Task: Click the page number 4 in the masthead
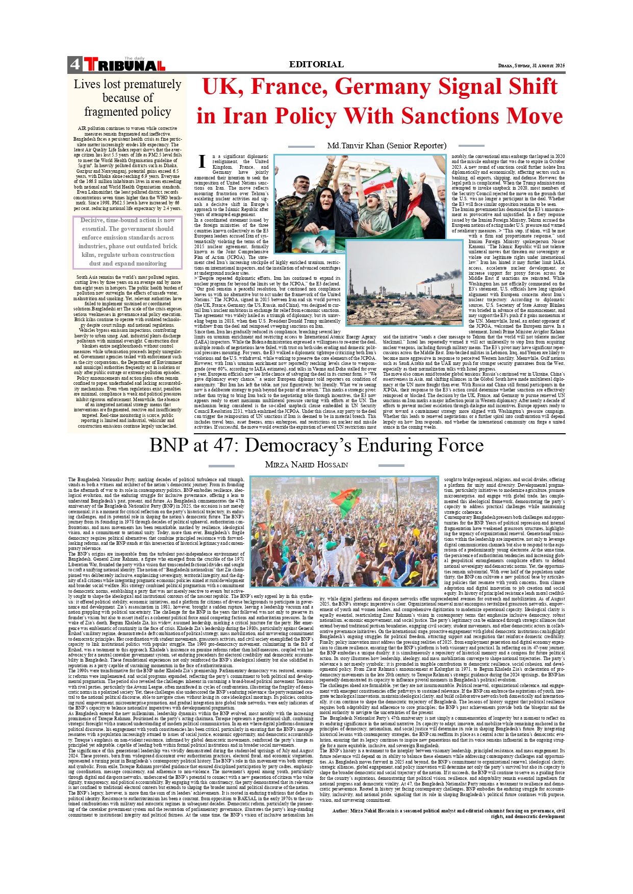coord(75,64)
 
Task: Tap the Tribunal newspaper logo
coord(124,65)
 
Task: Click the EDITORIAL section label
coord(316,64)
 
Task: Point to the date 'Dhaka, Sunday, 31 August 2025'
coord(531,66)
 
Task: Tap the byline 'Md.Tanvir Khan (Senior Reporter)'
coord(387,146)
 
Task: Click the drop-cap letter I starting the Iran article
coord(202,162)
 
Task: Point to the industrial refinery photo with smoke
coord(404,283)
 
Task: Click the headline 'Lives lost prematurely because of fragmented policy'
coord(128,98)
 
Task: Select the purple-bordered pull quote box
coord(128,242)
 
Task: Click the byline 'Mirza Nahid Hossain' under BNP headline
coord(307,465)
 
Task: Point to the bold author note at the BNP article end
coord(448,813)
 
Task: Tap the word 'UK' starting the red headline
coord(222,87)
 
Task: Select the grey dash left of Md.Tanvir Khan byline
coord(301,146)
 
